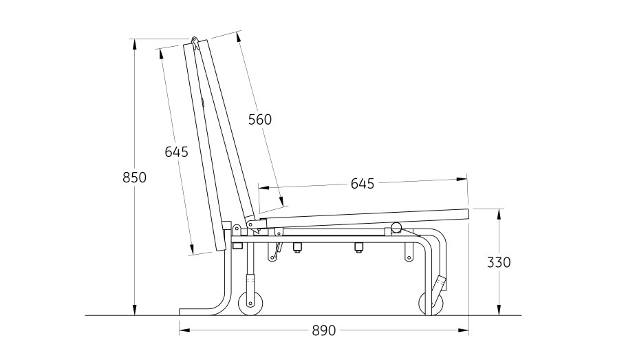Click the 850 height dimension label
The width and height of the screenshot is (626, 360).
pyautogui.click(x=135, y=177)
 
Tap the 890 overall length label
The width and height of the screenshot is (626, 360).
pyautogui.click(x=324, y=330)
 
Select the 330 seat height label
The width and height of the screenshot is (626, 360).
pyautogui.click(x=499, y=262)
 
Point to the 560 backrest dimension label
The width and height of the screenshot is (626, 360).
pyautogui.click(x=260, y=120)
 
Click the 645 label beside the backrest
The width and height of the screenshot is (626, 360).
pyautogui.click(x=177, y=152)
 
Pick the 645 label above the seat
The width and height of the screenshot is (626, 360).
pyautogui.click(x=363, y=184)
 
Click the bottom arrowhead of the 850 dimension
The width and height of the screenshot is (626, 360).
pyautogui.click(x=135, y=310)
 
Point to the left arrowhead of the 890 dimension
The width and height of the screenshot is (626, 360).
pyautogui.click(x=184, y=330)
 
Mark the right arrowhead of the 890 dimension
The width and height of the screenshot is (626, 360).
pyautogui.click(x=463, y=330)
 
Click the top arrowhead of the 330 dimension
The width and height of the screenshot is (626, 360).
pyautogui.click(x=499, y=214)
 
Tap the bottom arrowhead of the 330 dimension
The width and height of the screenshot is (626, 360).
pyautogui.click(x=499, y=310)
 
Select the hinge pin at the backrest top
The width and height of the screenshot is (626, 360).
pyautogui.click(x=195, y=40)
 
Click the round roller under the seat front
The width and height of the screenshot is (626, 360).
pyautogui.click(x=396, y=227)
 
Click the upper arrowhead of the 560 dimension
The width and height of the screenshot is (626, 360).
pyautogui.click(x=239, y=36)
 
